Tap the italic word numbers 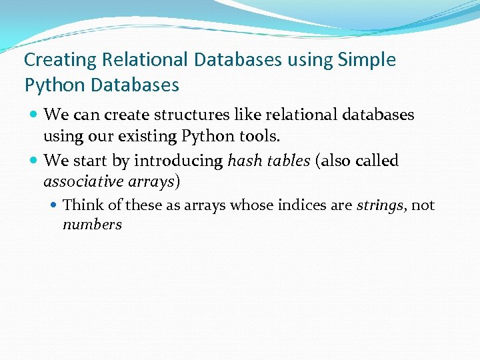[x=92, y=225]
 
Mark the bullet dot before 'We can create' [x=33, y=115]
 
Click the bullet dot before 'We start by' [x=33, y=161]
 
